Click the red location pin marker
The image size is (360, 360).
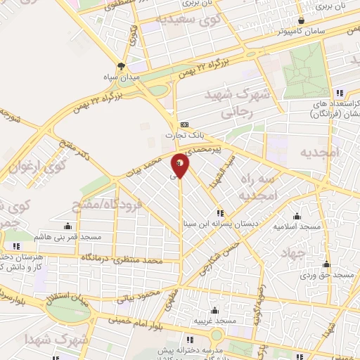[180, 166]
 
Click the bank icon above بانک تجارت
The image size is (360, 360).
[184, 123]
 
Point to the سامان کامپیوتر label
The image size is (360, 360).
[282, 32]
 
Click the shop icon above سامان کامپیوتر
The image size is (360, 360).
[302, 21]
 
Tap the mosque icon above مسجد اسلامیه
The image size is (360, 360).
[297, 216]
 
